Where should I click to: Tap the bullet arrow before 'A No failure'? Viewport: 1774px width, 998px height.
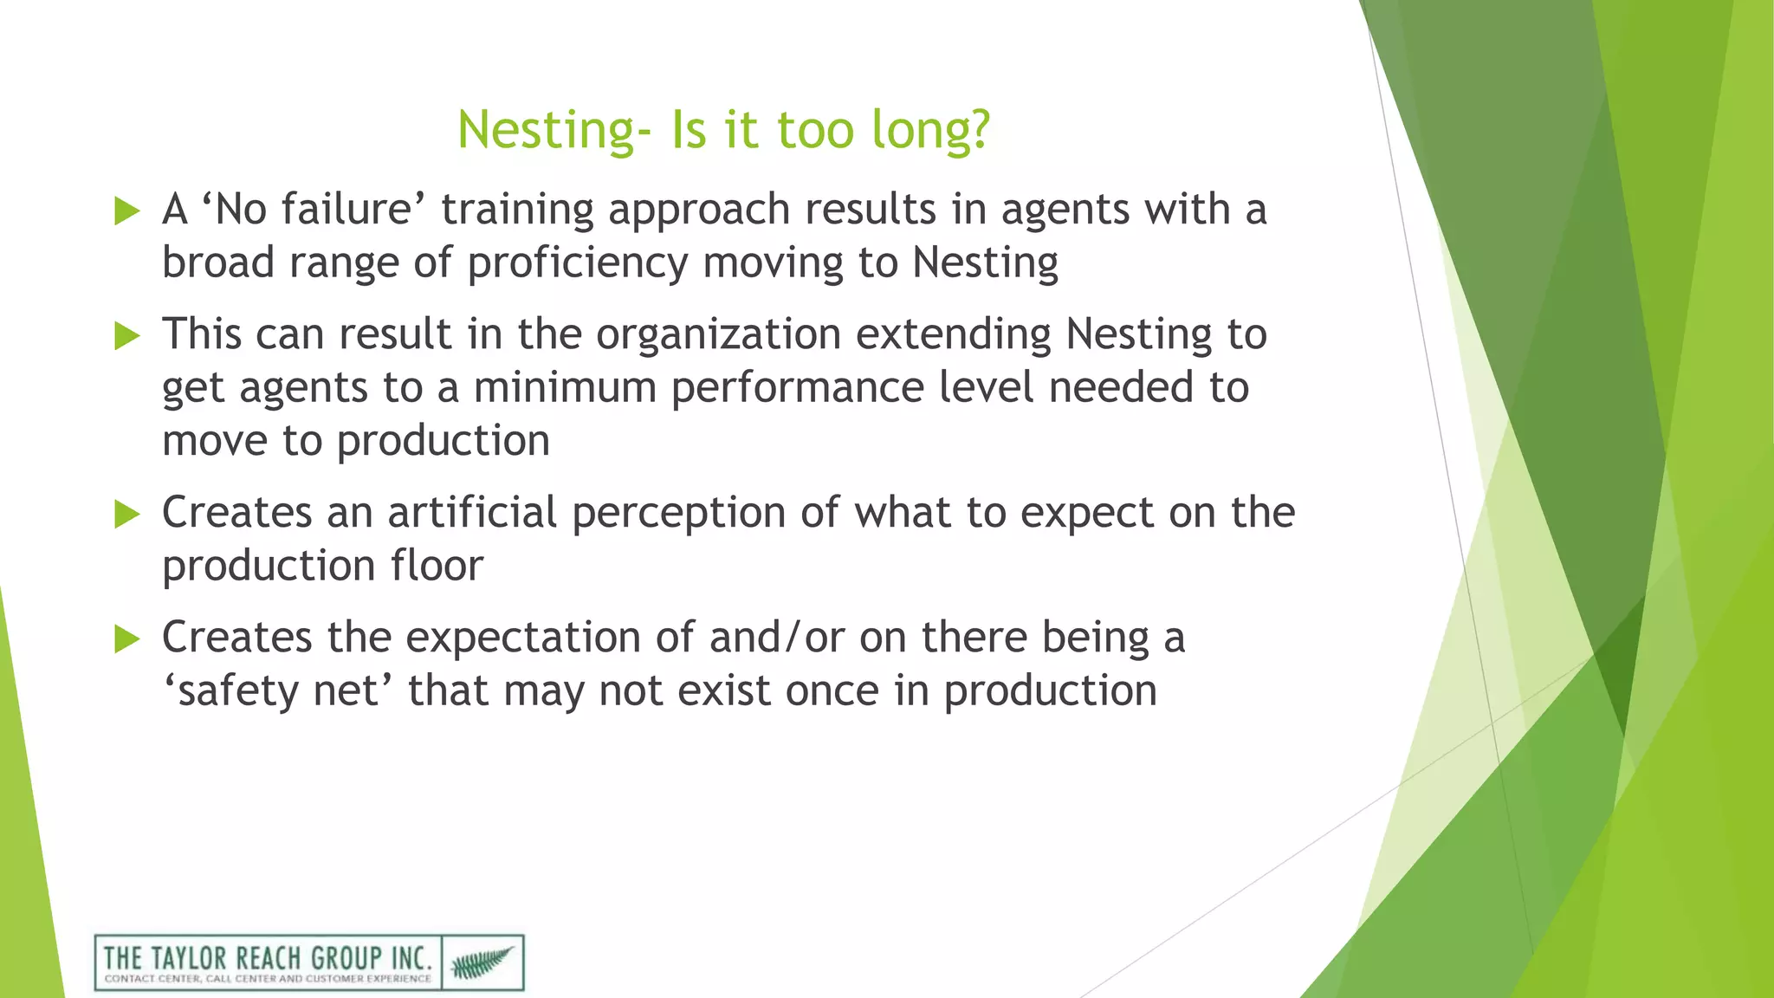(x=126, y=211)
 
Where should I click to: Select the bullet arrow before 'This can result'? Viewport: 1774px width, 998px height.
(x=126, y=335)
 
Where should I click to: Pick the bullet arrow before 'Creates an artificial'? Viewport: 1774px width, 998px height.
(x=126, y=514)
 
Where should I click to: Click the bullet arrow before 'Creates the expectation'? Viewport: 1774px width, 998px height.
(x=126, y=639)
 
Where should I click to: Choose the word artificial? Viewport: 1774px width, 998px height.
(x=471, y=513)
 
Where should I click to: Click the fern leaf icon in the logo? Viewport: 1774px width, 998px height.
(x=482, y=962)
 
